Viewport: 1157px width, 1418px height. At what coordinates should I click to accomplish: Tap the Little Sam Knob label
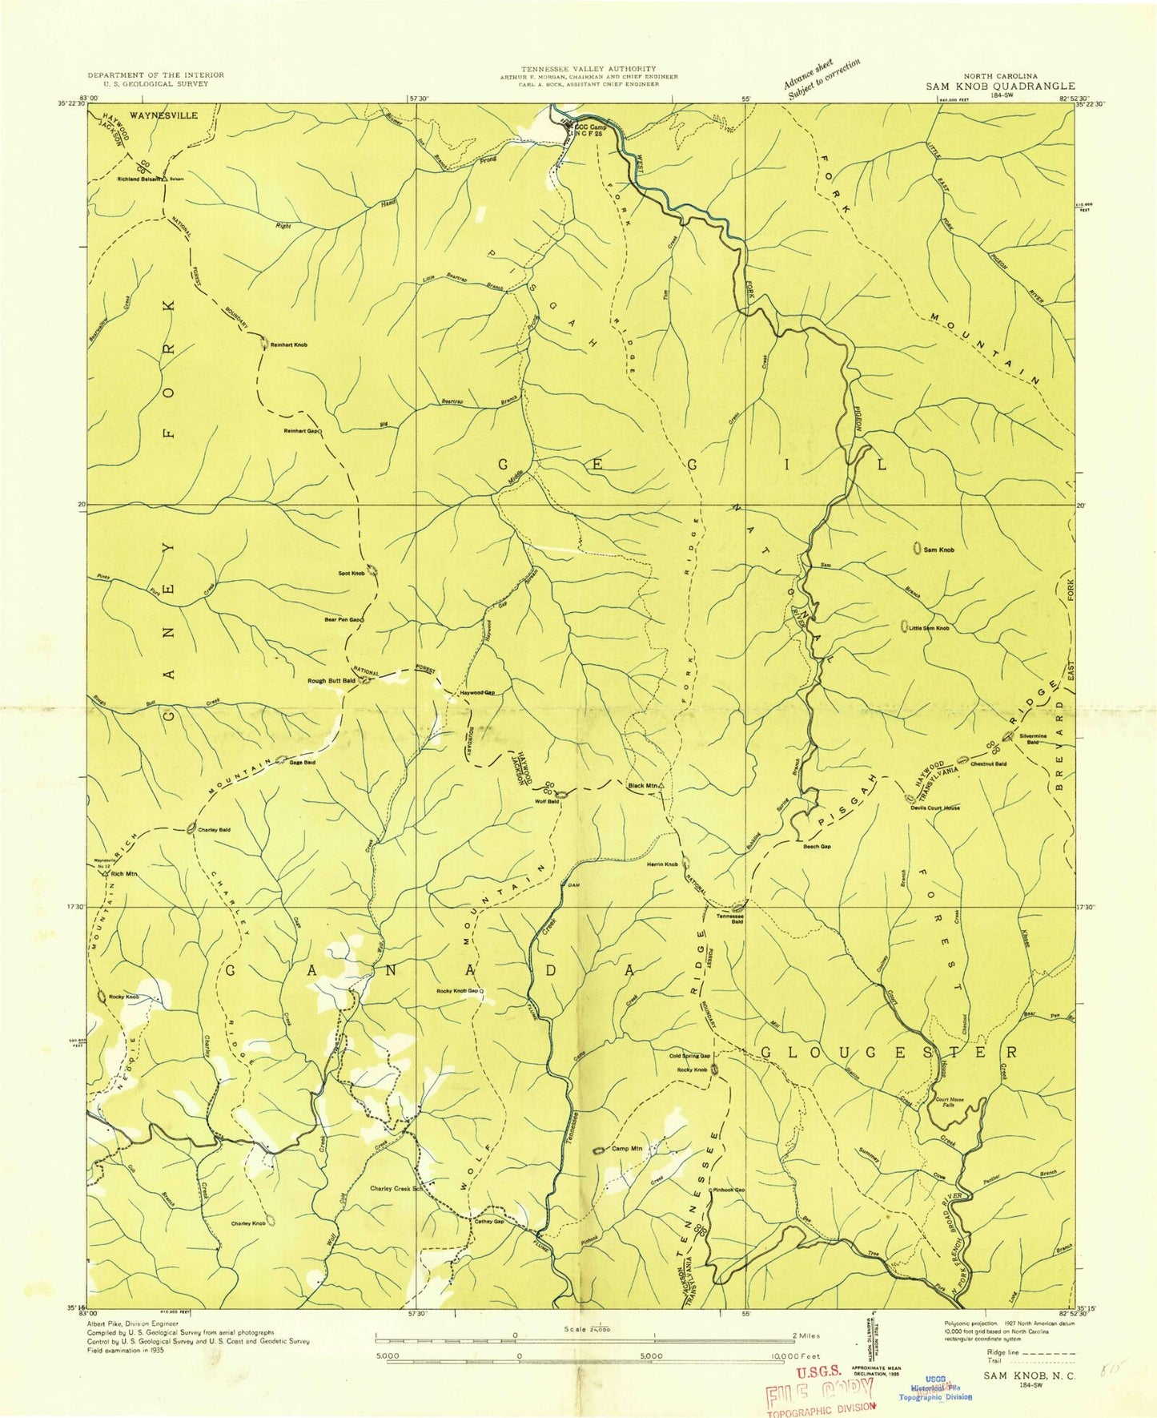928,628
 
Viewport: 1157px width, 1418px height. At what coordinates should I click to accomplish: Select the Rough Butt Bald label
331,681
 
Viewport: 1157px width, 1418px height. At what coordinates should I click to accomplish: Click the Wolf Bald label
547,800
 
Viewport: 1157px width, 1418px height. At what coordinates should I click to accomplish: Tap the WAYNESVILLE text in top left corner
163,115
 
